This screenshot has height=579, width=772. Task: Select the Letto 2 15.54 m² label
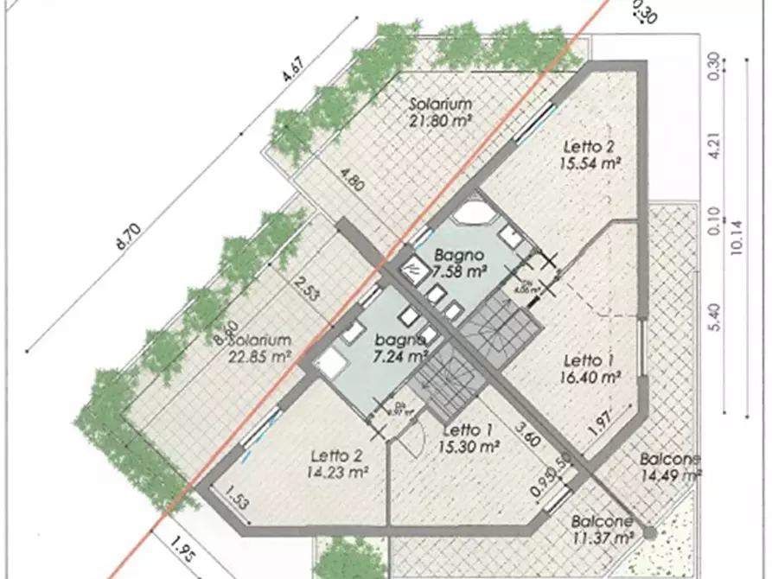592,153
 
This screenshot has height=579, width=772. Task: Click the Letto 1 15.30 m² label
470,438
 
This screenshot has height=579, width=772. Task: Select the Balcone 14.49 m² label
671,467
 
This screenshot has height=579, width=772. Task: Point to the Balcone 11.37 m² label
603,530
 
